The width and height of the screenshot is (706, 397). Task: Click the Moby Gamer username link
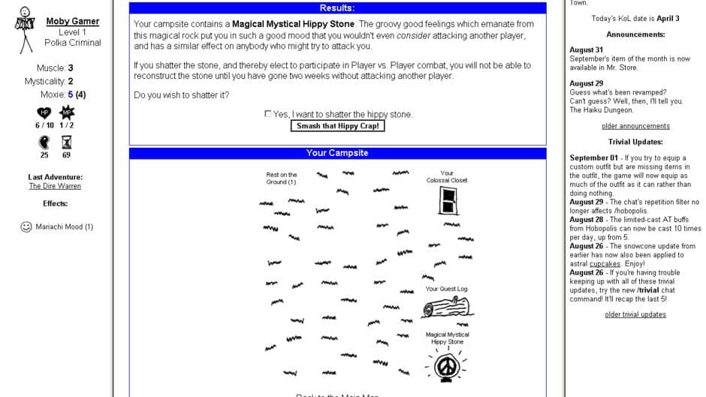click(73, 21)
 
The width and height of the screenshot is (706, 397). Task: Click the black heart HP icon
click(44, 113)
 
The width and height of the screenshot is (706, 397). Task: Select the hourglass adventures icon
click(66, 142)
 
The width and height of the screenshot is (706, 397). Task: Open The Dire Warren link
click(55, 186)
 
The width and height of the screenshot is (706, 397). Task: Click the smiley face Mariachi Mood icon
click(26, 227)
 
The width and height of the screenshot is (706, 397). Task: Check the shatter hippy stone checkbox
click(268, 114)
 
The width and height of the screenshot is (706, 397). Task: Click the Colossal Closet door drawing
click(447, 200)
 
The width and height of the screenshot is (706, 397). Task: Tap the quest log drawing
click(446, 308)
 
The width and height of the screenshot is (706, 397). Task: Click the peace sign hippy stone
click(447, 365)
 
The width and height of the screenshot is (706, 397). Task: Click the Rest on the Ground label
click(281, 179)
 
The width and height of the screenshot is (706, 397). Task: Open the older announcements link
click(635, 126)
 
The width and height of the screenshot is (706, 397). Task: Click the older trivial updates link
click(635, 314)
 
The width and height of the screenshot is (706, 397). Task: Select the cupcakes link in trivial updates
click(605, 263)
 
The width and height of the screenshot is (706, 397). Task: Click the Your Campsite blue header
click(337, 153)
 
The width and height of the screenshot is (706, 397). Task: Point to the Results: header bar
click(337, 8)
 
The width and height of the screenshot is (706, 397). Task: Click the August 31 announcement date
click(586, 50)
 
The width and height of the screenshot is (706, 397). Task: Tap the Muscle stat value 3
click(71, 68)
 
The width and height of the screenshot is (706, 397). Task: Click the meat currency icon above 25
click(44, 142)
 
